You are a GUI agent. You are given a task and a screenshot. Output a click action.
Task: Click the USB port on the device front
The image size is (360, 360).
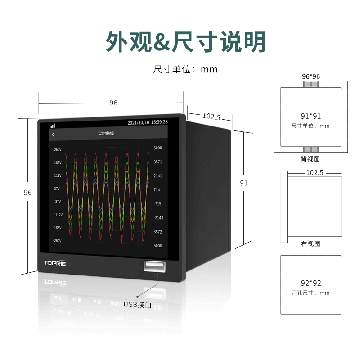tap(154, 266)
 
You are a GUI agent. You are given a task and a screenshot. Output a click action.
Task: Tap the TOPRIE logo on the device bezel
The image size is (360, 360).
tap(54, 263)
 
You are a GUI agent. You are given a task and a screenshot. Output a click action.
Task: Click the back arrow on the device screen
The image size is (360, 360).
tap(53, 135)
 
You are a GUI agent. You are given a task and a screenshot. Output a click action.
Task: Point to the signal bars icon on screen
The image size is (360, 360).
tap(53, 126)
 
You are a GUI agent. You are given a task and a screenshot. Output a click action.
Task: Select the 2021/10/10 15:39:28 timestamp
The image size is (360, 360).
tap(148, 122)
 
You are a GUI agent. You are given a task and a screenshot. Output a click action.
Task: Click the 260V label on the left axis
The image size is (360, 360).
tap(58, 150)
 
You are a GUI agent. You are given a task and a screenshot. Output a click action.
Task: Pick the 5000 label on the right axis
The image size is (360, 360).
tap(158, 148)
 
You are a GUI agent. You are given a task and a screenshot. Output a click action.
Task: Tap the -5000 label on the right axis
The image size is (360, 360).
tap(157, 246)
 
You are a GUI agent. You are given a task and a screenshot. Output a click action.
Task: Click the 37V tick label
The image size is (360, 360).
tap(57, 189)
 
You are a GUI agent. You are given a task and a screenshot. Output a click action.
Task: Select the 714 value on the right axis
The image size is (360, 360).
tap(157, 189)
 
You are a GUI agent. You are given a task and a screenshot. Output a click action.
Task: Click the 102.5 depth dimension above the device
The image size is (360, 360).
tap(211, 117)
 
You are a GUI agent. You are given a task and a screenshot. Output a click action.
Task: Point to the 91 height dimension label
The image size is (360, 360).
tap(244, 183)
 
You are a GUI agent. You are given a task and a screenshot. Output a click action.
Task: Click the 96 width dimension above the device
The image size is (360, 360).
tap(113, 103)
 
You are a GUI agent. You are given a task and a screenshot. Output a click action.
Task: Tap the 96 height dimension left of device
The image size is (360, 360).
tap(27, 193)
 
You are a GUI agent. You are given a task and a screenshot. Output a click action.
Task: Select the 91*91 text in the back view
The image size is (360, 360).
tap(310, 116)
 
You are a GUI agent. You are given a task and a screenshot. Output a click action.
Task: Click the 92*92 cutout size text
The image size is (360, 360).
tap(311, 283)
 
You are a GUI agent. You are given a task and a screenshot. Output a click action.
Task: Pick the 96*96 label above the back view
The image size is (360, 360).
tap(311, 76)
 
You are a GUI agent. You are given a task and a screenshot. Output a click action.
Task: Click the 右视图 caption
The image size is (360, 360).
tap(310, 243)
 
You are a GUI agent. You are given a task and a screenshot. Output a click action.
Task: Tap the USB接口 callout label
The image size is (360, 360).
tap(137, 305)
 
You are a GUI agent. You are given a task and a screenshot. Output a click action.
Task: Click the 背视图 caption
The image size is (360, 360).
tap(310, 159)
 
